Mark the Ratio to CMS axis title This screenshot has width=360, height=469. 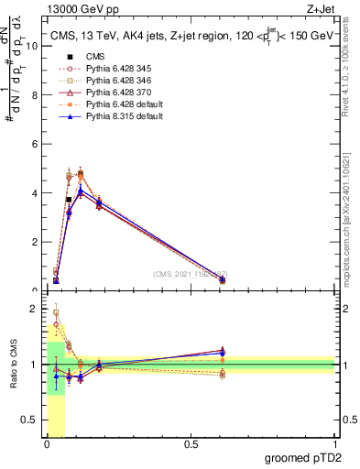(14, 364)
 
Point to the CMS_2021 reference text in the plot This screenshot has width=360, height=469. (190, 274)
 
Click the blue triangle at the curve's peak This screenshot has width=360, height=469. (81, 191)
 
